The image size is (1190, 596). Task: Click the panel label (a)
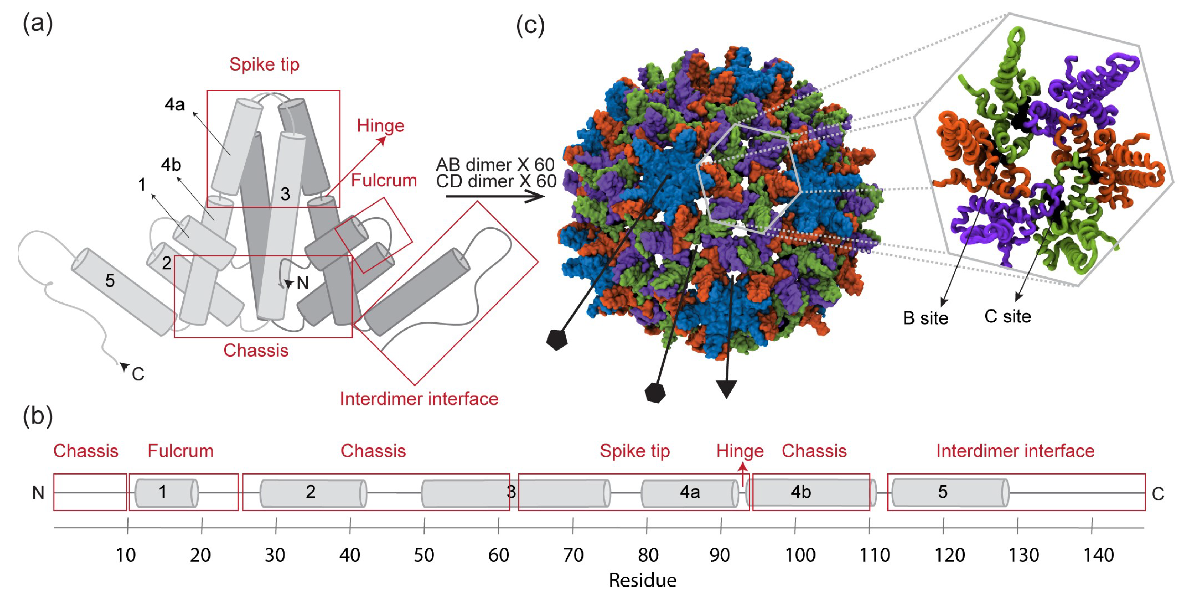click(38, 23)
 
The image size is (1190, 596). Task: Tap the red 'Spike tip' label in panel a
click(264, 64)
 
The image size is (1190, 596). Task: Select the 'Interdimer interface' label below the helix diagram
click(419, 399)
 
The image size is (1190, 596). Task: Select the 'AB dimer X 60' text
click(495, 164)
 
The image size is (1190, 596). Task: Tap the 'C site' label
click(1008, 317)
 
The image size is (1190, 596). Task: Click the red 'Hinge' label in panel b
click(739, 451)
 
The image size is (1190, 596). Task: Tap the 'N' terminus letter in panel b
click(38, 493)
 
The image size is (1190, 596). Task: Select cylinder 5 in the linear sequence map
click(949, 492)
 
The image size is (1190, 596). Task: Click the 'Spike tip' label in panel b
click(635, 451)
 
